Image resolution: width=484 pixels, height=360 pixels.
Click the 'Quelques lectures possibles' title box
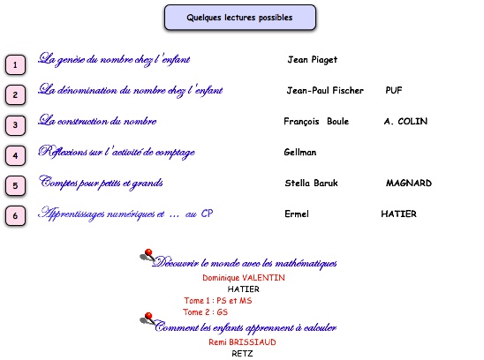(x=240, y=18)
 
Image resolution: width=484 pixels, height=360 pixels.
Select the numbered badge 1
(x=15, y=64)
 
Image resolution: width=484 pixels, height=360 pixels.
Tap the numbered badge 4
(x=15, y=155)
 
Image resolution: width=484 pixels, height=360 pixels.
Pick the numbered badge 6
(x=15, y=215)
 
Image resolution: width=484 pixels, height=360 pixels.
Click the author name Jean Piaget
(x=312, y=60)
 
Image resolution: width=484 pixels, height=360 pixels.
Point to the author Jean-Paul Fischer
(x=325, y=90)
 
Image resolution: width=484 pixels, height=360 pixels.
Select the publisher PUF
(x=394, y=90)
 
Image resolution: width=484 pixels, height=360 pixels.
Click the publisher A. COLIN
(x=405, y=121)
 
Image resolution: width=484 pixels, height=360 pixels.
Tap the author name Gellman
(x=300, y=152)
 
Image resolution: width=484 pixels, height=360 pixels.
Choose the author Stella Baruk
(x=311, y=183)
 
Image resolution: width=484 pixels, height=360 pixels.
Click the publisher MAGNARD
(x=409, y=183)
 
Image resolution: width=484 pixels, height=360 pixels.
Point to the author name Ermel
(x=297, y=214)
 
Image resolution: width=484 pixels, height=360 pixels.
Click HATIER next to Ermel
(x=398, y=214)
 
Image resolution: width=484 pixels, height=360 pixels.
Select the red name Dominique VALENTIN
(x=244, y=278)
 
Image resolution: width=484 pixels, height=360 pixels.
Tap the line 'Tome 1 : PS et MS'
(x=218, y=301)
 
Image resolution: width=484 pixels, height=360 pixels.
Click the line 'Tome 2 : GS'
(x=205, y=311)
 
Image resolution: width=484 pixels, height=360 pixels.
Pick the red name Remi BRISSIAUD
(x=242, y=342)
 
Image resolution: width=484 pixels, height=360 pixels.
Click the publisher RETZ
(x=242, y=354)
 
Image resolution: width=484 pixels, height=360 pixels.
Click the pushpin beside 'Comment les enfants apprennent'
(x=147, y=319)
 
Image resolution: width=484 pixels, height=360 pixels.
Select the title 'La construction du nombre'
(x=97, y=120)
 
